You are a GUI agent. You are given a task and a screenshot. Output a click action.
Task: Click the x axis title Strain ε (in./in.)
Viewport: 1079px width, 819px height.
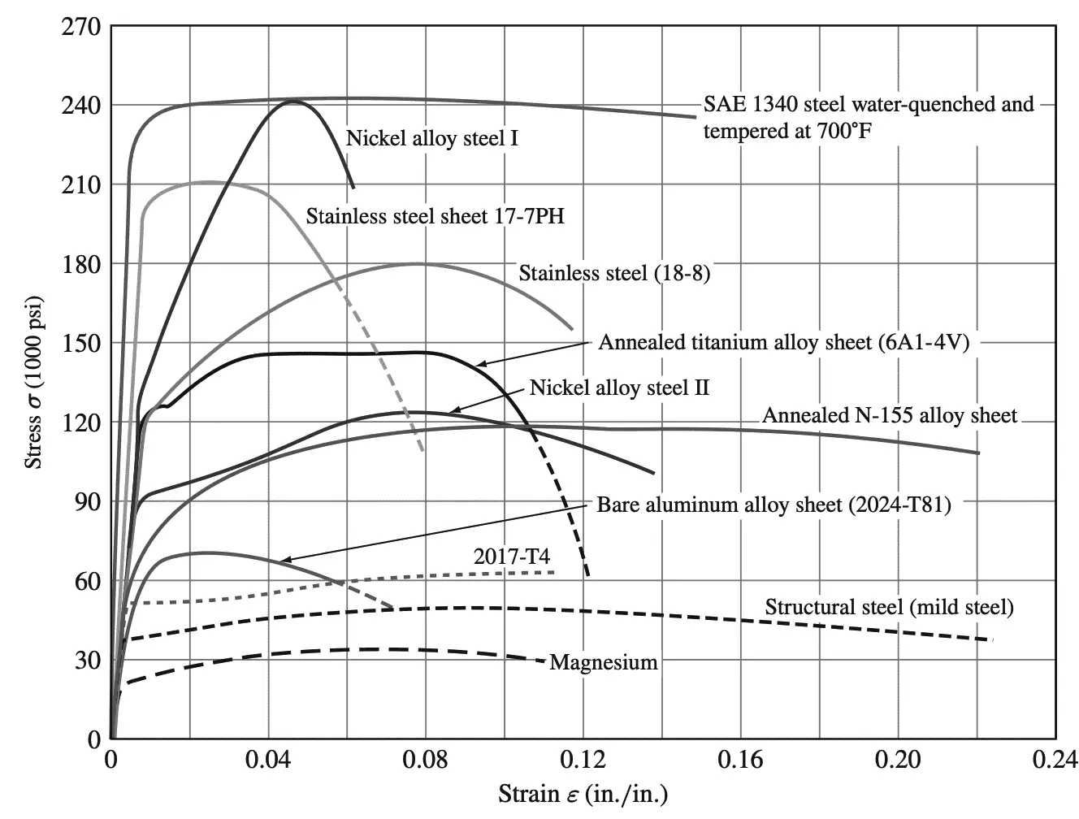coord(583,793)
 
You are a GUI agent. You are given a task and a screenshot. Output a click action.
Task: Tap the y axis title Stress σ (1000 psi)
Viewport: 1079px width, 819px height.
coord(34,383)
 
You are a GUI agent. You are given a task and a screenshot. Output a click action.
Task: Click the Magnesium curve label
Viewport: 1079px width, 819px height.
coord(604,662)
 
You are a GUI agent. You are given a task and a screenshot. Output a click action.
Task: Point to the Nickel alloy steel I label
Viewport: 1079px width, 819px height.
coord(432,138)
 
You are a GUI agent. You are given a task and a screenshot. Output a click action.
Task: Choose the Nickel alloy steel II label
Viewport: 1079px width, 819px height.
coord(619,388)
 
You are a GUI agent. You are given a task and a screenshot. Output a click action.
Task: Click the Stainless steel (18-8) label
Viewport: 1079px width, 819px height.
coord(614,273)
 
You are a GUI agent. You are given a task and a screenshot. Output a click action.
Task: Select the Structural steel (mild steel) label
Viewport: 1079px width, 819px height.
coord(889,607)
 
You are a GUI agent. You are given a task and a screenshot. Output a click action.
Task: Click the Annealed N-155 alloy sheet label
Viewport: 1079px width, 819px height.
coord(889,416)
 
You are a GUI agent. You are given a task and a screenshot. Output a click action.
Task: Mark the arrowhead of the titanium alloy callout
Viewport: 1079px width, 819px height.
coord(476,365)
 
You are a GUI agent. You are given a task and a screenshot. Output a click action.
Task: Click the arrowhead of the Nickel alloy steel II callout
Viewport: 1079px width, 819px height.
coord(449,412)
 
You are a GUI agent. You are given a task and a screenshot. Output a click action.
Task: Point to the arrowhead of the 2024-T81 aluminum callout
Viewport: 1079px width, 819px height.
coord(280,561)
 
